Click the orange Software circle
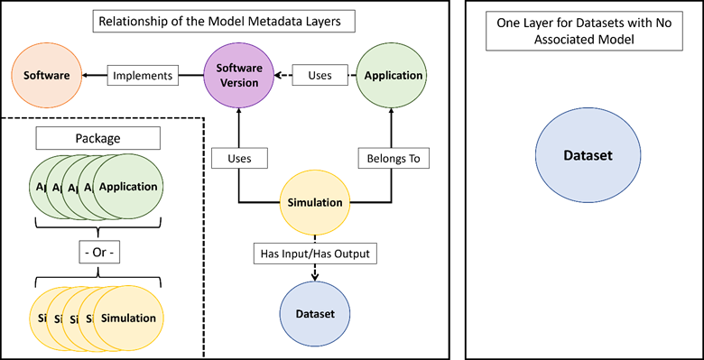46,76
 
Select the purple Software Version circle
238,76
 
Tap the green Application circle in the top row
392,76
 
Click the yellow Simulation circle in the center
314,203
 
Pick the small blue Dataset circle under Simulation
314,314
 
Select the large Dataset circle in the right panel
588,156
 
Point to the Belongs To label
392,159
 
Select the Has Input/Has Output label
314,254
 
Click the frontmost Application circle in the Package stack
128,188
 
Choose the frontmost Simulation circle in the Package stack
128,318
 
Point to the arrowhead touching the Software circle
83,76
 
